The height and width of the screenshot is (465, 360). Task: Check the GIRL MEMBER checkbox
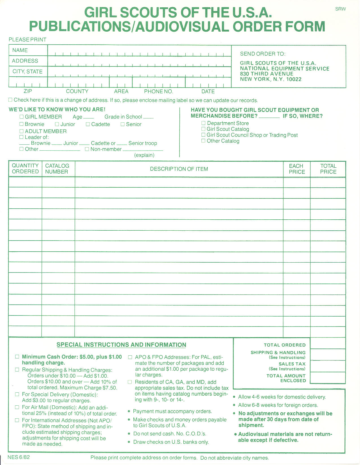pos(21,117)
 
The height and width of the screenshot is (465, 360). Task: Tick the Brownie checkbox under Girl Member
pos(21,124)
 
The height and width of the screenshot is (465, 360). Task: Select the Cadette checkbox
pos(88,124)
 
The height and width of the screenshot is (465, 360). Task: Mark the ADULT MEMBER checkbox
pos(21,131)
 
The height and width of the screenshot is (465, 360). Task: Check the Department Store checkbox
pos(203,123)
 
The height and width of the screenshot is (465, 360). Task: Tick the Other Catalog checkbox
pos(203,141)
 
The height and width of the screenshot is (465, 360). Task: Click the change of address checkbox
pos(10,100)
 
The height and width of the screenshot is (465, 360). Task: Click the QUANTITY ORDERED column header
pos(25,168)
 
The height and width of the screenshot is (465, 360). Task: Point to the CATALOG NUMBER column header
pos(57,168)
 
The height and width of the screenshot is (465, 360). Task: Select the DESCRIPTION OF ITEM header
pos(179,169)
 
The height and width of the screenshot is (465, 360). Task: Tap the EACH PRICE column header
pos(297,169)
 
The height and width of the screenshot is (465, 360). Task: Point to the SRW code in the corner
pos(340,9)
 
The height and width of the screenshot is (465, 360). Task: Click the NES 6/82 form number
pos(19,457)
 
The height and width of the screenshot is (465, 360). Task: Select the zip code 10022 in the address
pos(294,79)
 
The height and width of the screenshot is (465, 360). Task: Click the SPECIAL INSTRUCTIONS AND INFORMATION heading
pos(121,345)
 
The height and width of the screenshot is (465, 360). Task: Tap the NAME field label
pos(20,50)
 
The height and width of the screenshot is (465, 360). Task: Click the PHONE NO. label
pos(158,91)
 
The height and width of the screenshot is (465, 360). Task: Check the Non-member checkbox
pos(87,149)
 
